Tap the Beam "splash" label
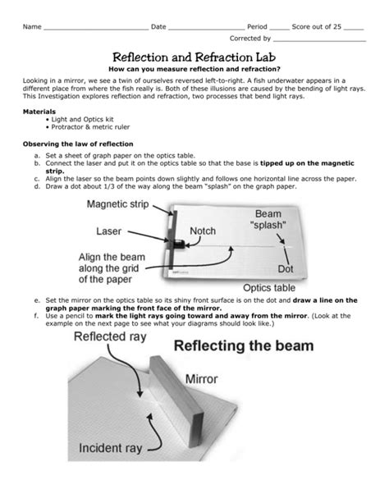point(277,220)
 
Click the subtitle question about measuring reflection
point(194,71)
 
